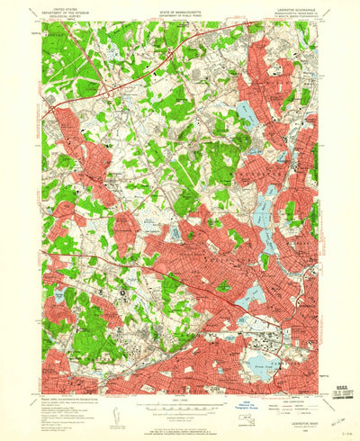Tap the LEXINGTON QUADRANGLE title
click(286, 4)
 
